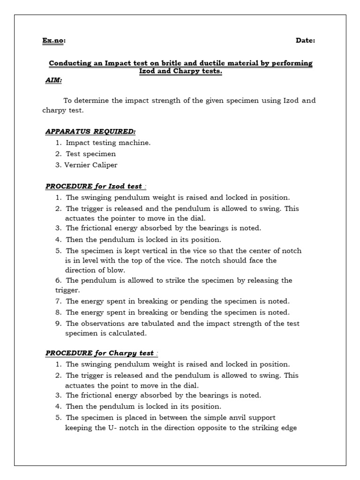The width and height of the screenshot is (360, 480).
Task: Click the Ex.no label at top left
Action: click(54, 41)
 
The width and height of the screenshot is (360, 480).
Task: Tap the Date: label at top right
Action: click(305, 41)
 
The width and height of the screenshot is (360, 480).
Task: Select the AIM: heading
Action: click(53, 80)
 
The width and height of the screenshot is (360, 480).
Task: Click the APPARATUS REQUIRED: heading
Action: click(90, 132)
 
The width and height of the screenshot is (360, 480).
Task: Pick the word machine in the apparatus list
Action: click(135, 143)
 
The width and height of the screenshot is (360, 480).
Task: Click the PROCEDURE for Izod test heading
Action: click(94, 187)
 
